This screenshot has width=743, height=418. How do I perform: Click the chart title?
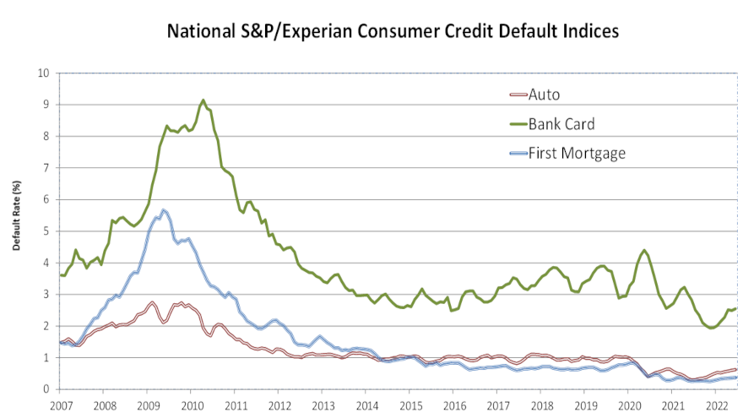pyautogui.click(x=393, y=31)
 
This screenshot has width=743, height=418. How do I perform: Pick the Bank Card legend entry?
pyautogui.click(x=561, y=124)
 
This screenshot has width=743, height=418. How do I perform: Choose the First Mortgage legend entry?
pyautogui.click(x=577, y=153)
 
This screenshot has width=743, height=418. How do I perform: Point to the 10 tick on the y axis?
pyautogui.click(x=43, y=73)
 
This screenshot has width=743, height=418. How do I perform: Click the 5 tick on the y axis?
pyautogui.click(x=46, y=231)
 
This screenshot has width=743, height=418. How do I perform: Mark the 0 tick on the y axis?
pyautogui.click(x=46, y=389)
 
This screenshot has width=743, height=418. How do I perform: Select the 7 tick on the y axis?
pyautogui.click(x=46, y=167)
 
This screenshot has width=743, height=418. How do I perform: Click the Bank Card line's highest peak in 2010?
pyautogui.click(x=203, y=100)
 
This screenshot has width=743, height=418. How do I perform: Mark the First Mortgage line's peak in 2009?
pyautogui.click(x=164, y=209)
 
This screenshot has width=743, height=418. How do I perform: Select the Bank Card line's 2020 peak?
pyautogui.click(x=644, y=250)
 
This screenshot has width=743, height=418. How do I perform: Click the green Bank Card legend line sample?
pyautogui.click(x=513, y=125)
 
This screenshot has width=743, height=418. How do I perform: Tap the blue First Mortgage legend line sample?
pyautogui.click(x=513, y=154)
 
